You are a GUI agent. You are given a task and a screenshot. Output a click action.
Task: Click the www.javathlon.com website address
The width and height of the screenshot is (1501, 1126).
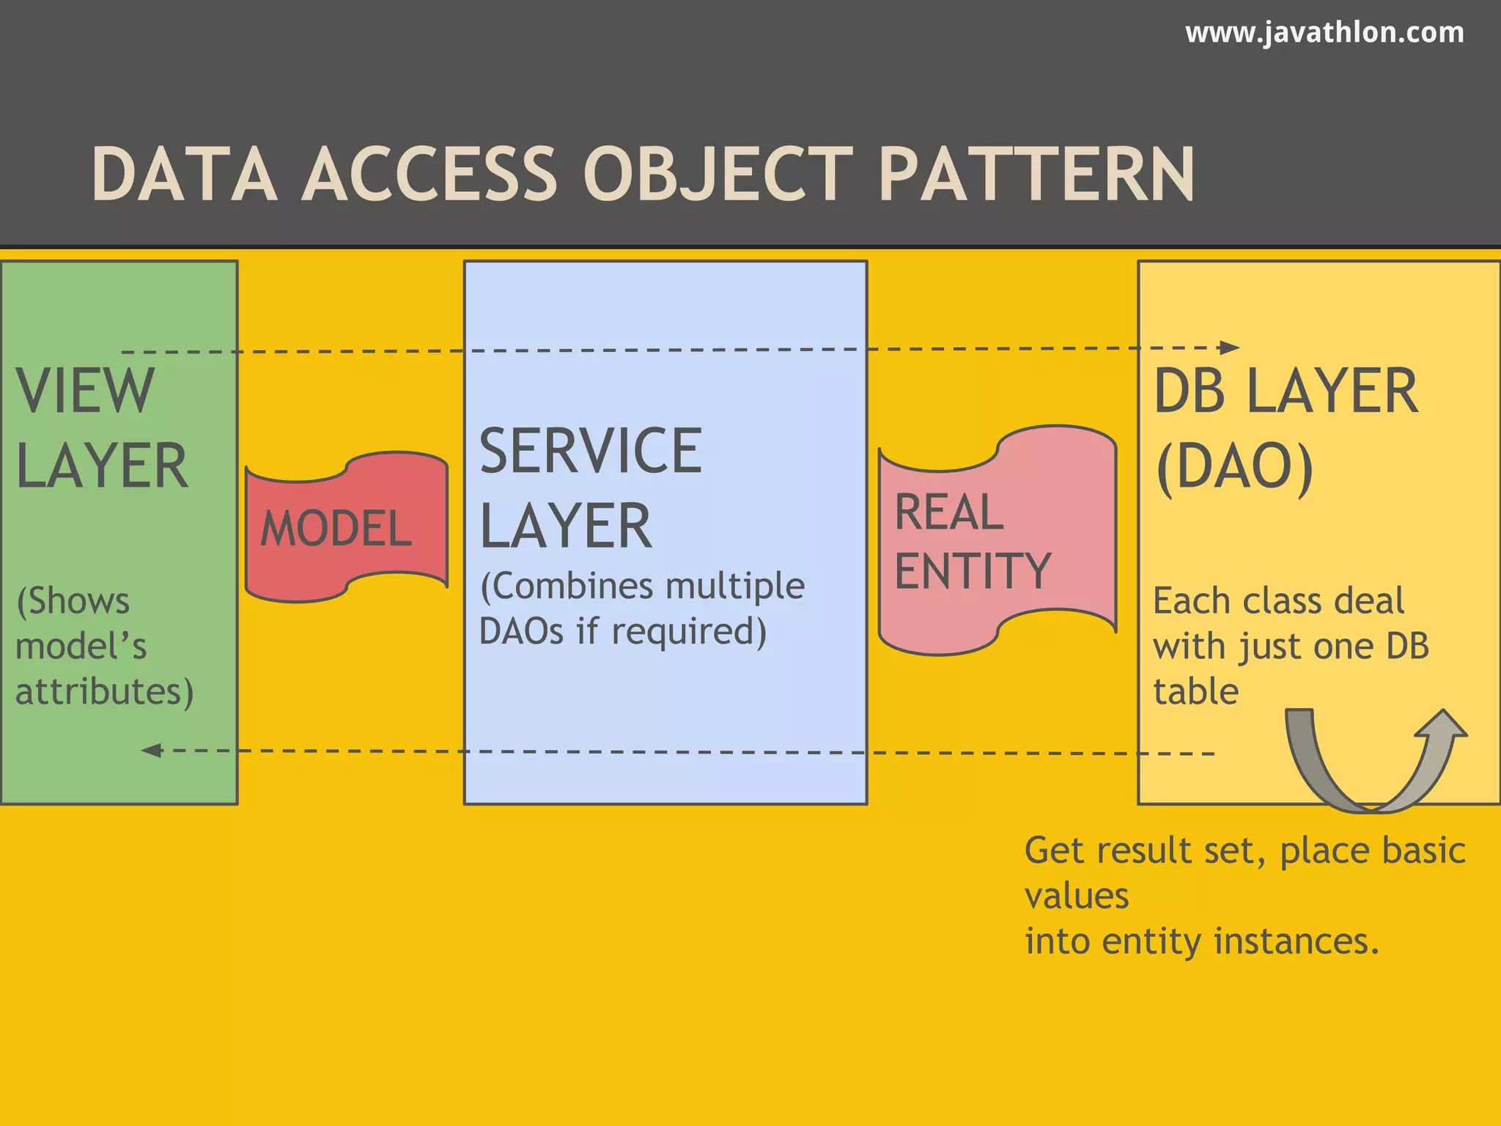pyautogui.click(x=1324, y=33)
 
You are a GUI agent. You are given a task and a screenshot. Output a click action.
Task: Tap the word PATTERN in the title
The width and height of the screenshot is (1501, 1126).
pyautogui.click(x=1036, y=174)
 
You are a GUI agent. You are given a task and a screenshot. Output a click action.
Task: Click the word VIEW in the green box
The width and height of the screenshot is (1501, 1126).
pyautogui.click(x=85, y=391)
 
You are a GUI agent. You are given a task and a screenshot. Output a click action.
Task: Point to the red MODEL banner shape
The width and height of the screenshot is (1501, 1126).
pyautogui.click(x=346, y=527)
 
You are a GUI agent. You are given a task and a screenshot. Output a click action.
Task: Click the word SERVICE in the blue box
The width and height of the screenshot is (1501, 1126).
pyautogui.click(x=591, y=451)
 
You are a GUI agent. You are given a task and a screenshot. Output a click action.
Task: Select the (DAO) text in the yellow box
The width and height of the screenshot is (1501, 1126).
pyautogui.click(x=1234, y=467)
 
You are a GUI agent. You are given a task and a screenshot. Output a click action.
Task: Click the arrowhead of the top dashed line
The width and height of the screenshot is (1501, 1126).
pyautogui.click(x=1230, y=347)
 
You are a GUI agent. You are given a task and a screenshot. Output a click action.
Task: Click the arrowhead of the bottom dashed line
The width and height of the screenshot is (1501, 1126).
pyautogui.click(x=151, y=750)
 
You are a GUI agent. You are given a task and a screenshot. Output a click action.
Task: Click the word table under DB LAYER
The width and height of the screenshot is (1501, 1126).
pyautogui.click(x=1195, y=691)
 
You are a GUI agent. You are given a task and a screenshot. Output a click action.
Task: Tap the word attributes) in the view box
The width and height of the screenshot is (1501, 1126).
pyautogui.click(x=105, y=691)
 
